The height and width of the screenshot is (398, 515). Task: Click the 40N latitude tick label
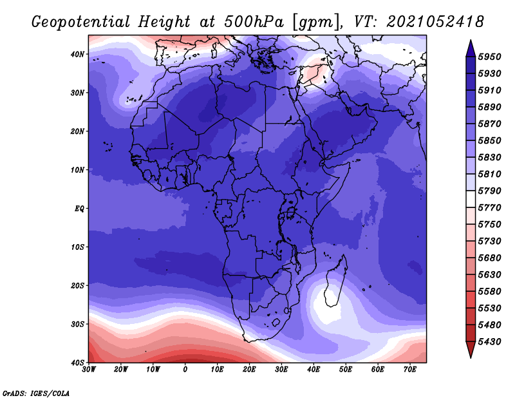click(77, 54)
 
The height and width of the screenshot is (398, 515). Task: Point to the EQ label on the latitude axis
click(79, 209)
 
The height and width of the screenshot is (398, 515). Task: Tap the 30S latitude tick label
click(77, 325)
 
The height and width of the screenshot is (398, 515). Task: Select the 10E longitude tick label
click(217, 370)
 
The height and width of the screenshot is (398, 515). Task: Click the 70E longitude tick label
click(410, 370)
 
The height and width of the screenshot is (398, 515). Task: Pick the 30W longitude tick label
click(89, 370)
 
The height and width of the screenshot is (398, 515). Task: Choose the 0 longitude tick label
click(185, 370)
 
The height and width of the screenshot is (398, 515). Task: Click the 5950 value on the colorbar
click(489, 57)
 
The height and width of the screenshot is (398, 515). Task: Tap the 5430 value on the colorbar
click(489, 342)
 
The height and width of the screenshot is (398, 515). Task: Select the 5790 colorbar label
click(489, 191)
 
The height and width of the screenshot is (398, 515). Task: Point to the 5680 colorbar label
click(489, 258)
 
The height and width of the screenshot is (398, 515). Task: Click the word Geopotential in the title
click(81, 23)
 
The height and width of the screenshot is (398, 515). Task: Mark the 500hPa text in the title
click(254, 22)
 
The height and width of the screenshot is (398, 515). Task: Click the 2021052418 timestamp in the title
click(435, 22)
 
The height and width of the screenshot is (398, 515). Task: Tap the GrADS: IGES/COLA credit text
click(36, 393)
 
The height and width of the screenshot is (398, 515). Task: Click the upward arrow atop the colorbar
click(471, 48)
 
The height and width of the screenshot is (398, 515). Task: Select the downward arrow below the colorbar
click(471, 350)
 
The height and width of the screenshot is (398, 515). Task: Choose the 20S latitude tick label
click(77, 285)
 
